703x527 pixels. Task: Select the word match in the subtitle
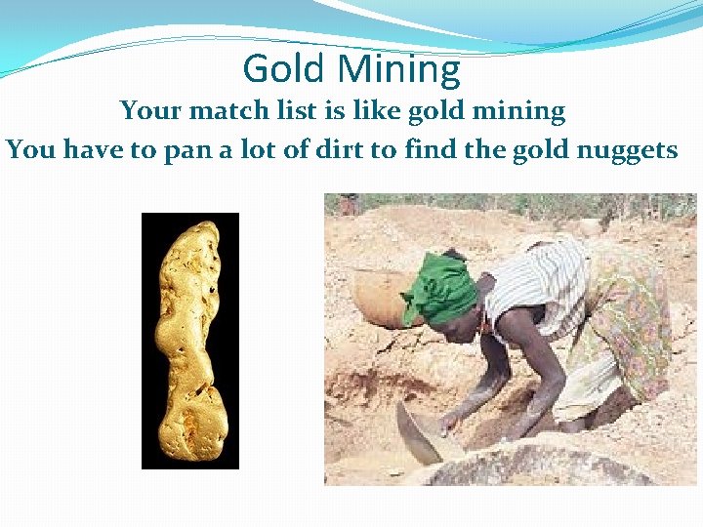coord(231,111)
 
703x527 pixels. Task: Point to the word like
coord(370,110)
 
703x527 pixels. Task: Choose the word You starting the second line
coord(27,150)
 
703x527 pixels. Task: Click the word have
coord(92,150)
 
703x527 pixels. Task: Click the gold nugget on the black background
coord(190,342)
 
